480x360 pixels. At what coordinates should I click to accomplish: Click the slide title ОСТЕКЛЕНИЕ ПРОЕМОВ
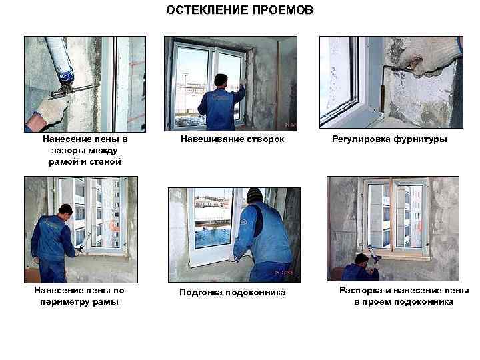(x=239, y=11)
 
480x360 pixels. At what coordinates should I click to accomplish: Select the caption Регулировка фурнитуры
(x=389, y=140)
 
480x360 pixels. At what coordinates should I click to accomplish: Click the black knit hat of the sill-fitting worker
(x=254, y=194)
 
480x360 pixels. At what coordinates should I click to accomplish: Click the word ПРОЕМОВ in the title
(x=279, y=11)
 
